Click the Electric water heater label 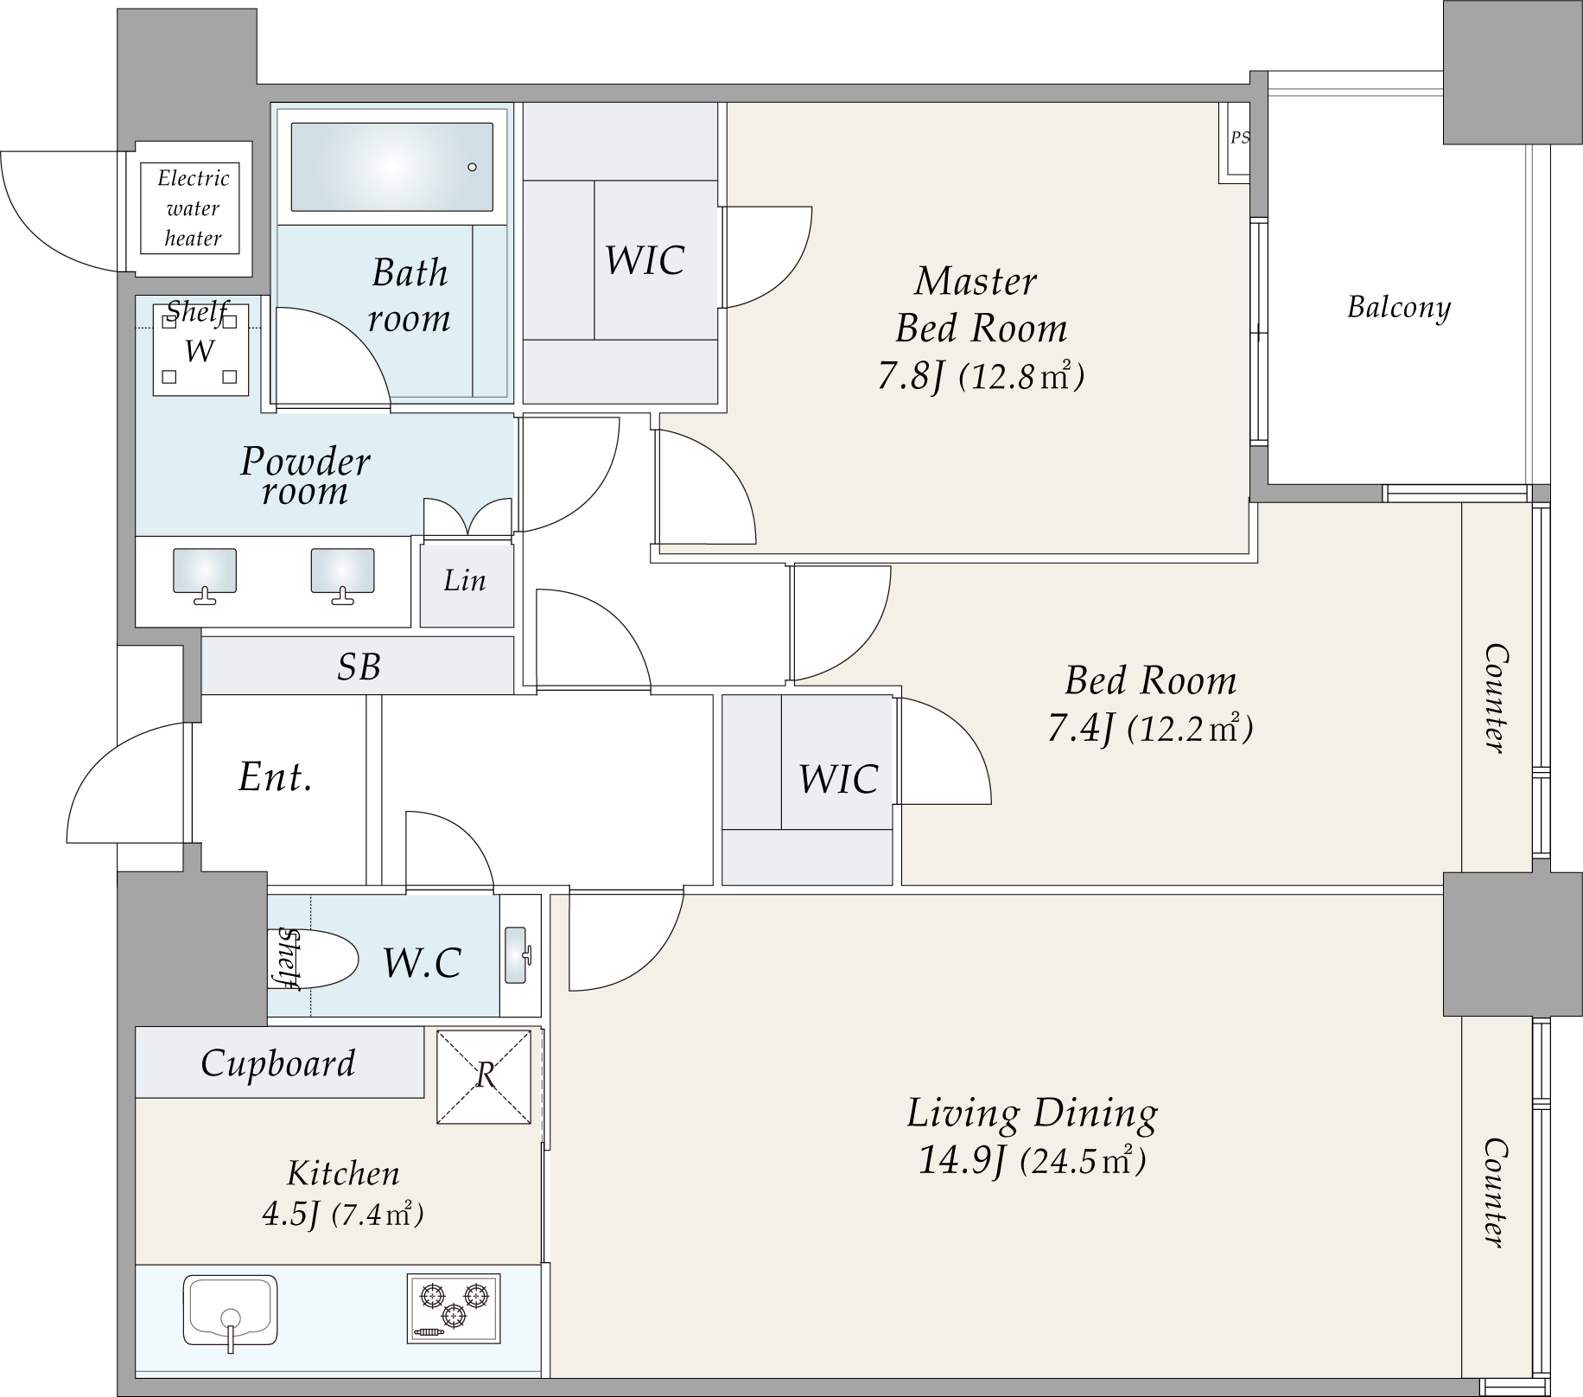tap(194, 208)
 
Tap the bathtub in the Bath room tap(391, 167)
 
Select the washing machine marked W tap(200, 350)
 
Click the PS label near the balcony tap(1240, 138)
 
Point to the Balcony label tap(1399, 308)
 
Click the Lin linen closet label tap(465, 580)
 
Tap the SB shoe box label tap(359, 667)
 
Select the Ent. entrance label tap(275, 776)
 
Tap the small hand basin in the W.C tap(518, 955)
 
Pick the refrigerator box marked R tap(484, 1077)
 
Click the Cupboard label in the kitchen tap(278, 1063)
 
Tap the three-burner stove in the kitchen tap(454, 1308)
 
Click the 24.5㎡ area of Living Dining tap(1084, 1159)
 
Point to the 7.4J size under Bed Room tap(1079, 729)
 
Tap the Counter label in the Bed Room tap(1495, 698)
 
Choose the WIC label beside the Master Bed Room tap(645, 260)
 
